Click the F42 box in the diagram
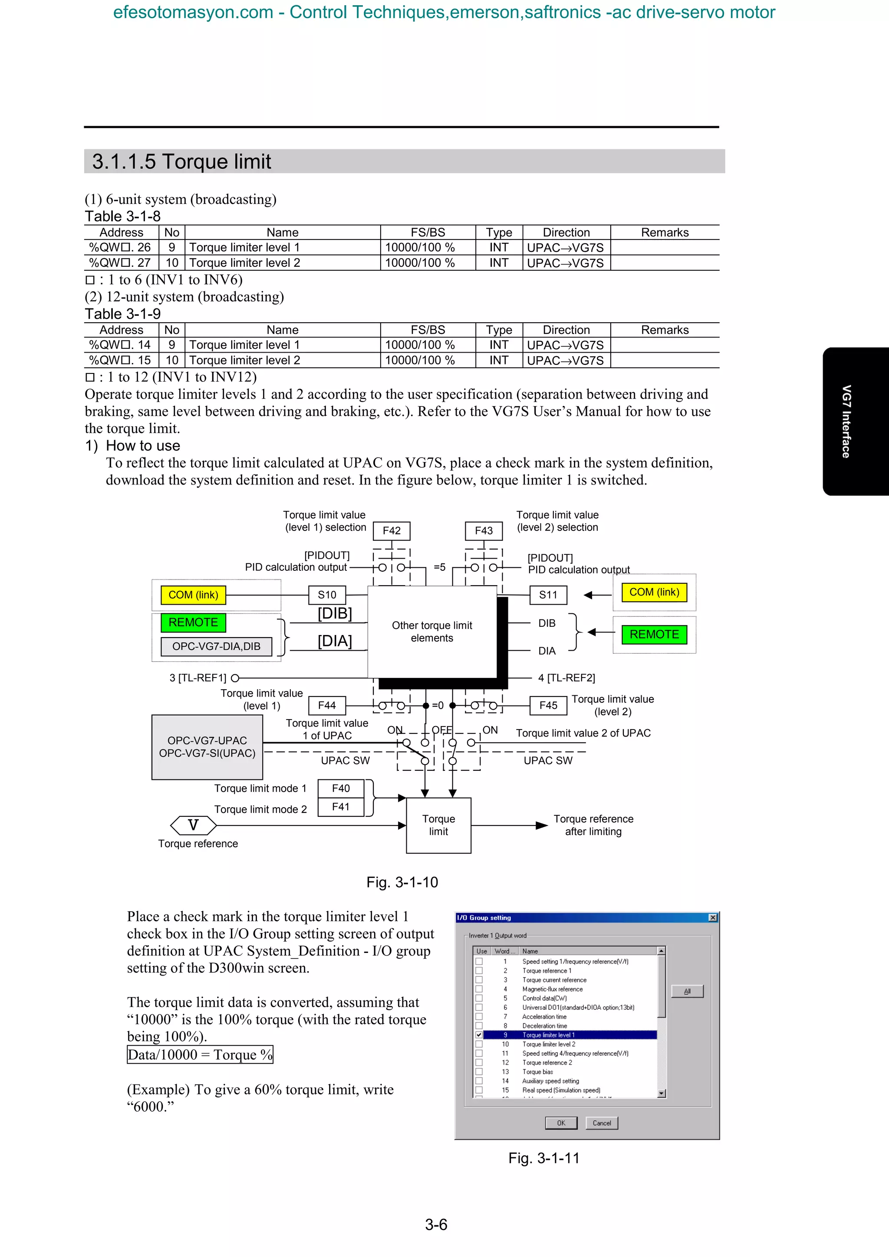tap(391, 530)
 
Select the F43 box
tap(484, 530)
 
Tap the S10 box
tap(327, 595)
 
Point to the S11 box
tap(548, 595)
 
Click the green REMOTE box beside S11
tap(654, 635)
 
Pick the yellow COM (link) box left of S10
tap(193, 595)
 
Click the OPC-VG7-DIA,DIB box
tap(216, 647)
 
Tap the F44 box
tap(327, 705)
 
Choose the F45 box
tap(548, 705)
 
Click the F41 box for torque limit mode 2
tap(341, 807)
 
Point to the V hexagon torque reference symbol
tap(193, 825)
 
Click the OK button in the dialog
tap(561, 1123)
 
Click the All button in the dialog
tap(687, 992)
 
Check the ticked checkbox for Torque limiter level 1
tap(479, 1035)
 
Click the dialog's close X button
tap(713, 917)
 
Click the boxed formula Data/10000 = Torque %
tap(200, 1054)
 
